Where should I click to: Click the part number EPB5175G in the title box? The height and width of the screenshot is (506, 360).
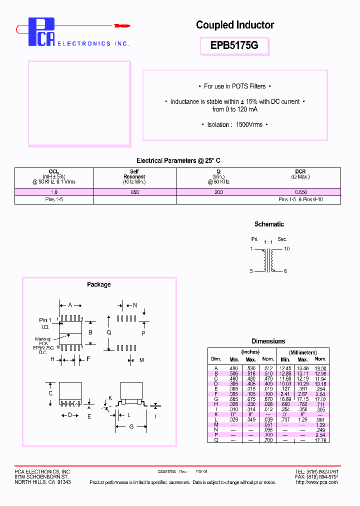point(234,46)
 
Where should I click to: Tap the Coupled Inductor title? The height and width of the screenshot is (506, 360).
point(235,25)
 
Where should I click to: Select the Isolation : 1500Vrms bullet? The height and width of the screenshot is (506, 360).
point(234,124)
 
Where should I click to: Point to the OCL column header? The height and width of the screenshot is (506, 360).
point(54,171)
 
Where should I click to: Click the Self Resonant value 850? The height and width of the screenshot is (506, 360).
point(134,192)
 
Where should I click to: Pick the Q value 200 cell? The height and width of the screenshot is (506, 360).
point(218,192)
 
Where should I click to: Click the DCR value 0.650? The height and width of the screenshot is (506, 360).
point(300,192)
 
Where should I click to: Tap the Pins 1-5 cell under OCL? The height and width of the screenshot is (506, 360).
point(54,199)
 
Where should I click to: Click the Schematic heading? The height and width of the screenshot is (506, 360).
point(269,224)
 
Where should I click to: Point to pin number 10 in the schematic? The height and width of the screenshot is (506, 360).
point(286,248)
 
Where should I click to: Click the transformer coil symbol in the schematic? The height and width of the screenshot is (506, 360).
point(268,260)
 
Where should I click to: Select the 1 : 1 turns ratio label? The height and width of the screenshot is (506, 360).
point(268,242)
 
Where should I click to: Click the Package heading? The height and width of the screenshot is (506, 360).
point(99,284)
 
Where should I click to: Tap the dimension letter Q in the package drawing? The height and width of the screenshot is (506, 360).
point(109,332)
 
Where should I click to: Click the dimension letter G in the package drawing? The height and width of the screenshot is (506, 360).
point(130,426)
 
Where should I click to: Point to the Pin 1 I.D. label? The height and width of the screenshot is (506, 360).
point(45,323)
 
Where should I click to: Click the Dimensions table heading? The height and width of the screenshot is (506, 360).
point(268,341)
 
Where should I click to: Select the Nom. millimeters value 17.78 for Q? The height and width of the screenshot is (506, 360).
point(320,440)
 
